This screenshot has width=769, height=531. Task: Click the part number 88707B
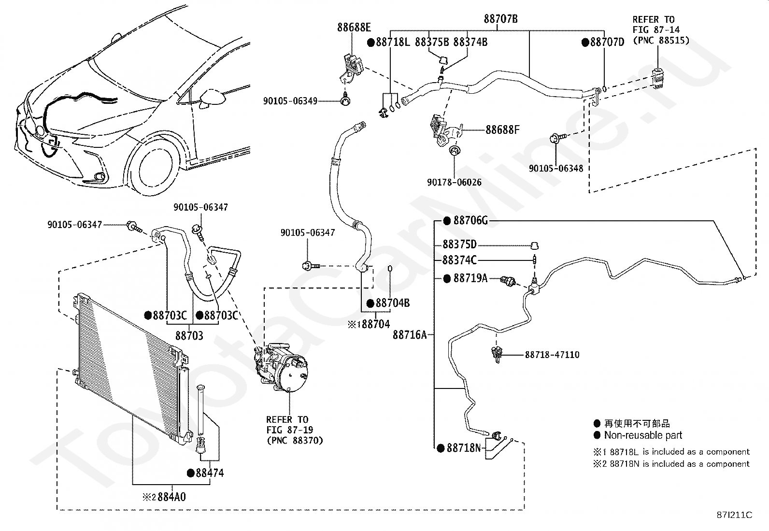[x=500, y=19]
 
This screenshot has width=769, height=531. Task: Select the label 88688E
[x=354, y=28]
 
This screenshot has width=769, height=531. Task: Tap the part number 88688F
[x=502, y=130]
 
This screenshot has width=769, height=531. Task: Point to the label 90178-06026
[x=454, y=182]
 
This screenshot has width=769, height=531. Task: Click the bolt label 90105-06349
[x=290, y=101]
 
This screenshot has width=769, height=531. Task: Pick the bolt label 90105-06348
[x=556, y=168]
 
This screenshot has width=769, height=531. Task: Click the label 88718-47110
[x=552, y=355]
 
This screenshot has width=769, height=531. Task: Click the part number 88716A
[x=410, y=334]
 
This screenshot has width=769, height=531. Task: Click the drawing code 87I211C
[x=734, y=515]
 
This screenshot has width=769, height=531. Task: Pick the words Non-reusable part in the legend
[x=643, y=435]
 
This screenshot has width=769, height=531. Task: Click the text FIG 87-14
[x=656, y=30]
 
